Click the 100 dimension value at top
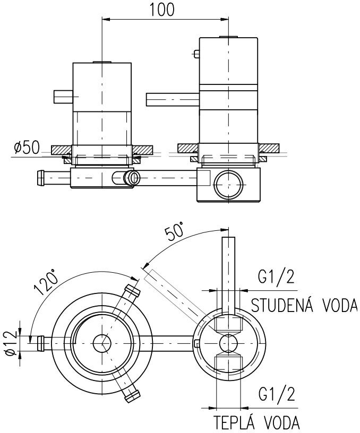pyautogui.click(x=164, y=10)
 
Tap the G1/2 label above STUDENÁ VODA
pyautogui.click(x=277, y=278)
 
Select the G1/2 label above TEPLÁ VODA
pyautogui.click(x=277, y=395)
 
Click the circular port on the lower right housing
pyautogui.click(x=229, y=184)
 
